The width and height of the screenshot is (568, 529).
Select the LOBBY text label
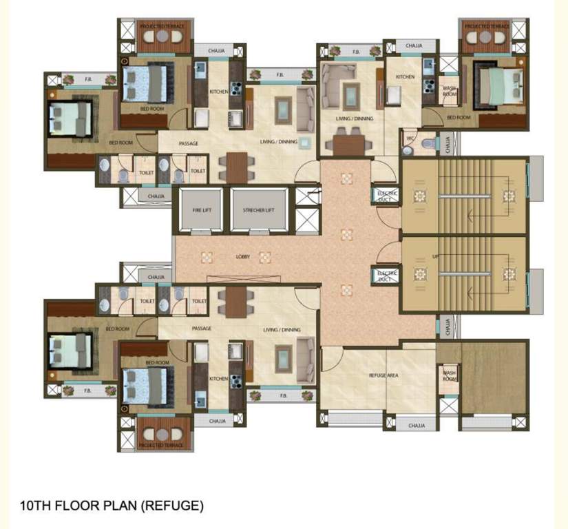click(x=242, y=257)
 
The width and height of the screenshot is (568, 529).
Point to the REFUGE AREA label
click(x=385, y=375)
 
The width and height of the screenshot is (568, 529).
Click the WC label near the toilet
click(x=410, y=138)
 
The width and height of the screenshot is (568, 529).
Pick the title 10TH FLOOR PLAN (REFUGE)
click(x=112, y=506)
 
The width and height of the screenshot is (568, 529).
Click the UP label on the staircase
click(x=435, y=256)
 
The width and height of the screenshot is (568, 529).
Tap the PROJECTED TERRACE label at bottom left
click(x=160, y=446)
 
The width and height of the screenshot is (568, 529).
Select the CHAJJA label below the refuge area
click(x=417, y=426)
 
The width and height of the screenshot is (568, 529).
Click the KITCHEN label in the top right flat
click(x=406, y=77)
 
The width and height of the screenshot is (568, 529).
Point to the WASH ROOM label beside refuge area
click(x=450, y=375)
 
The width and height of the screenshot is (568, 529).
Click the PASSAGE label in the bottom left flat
click(x=201, y=329)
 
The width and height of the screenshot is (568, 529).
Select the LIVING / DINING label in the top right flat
click(x=354, y=118)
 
